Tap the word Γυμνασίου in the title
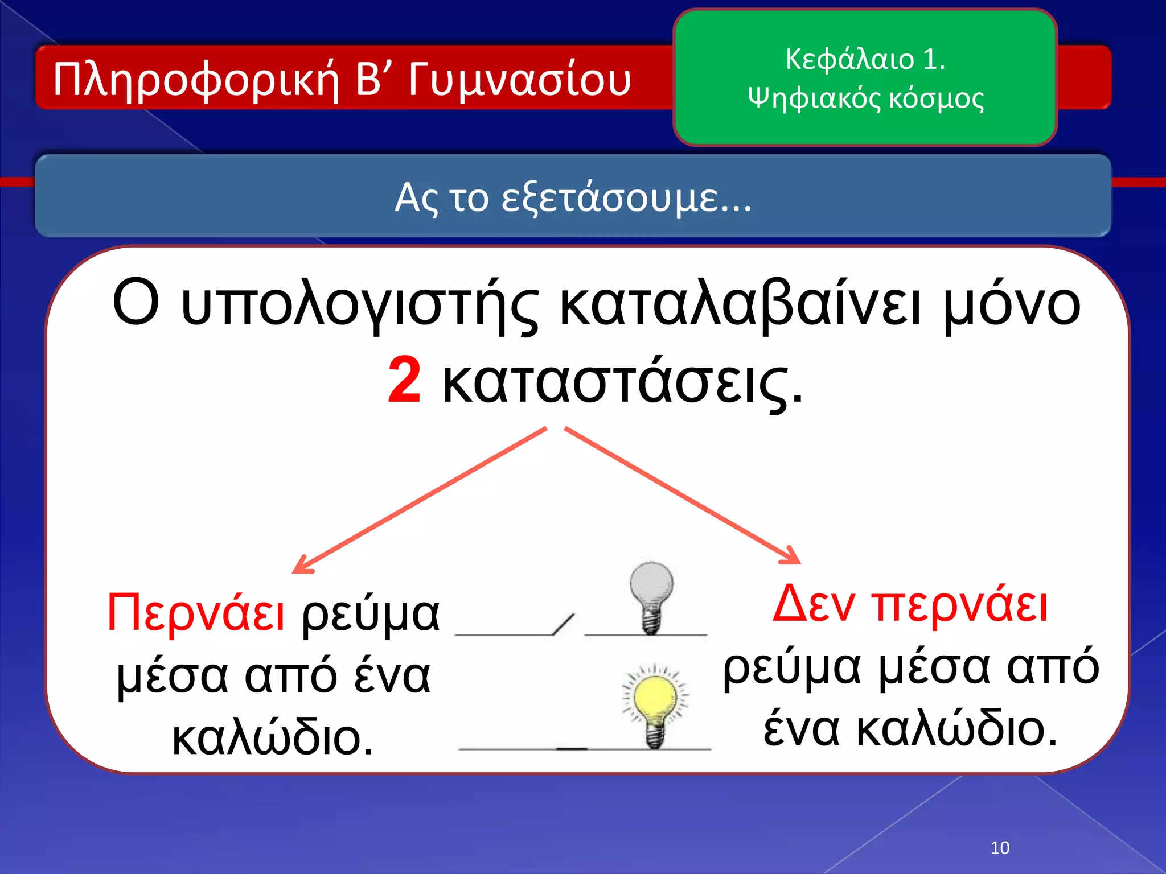click(x=519, y=80)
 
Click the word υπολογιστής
click(x=359, y=304)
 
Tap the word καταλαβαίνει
click(x=740, y=304)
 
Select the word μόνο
click(x=1012, y=304)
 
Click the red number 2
click(x=404, y=380)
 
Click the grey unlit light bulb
click(x=651, y=595)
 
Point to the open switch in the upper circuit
click(x=563, y=624)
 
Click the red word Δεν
click(x=814, y=604)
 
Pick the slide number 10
click(x=1000, y=848)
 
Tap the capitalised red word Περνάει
click(x=196, y=613)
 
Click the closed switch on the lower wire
click(x=572, y=748)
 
